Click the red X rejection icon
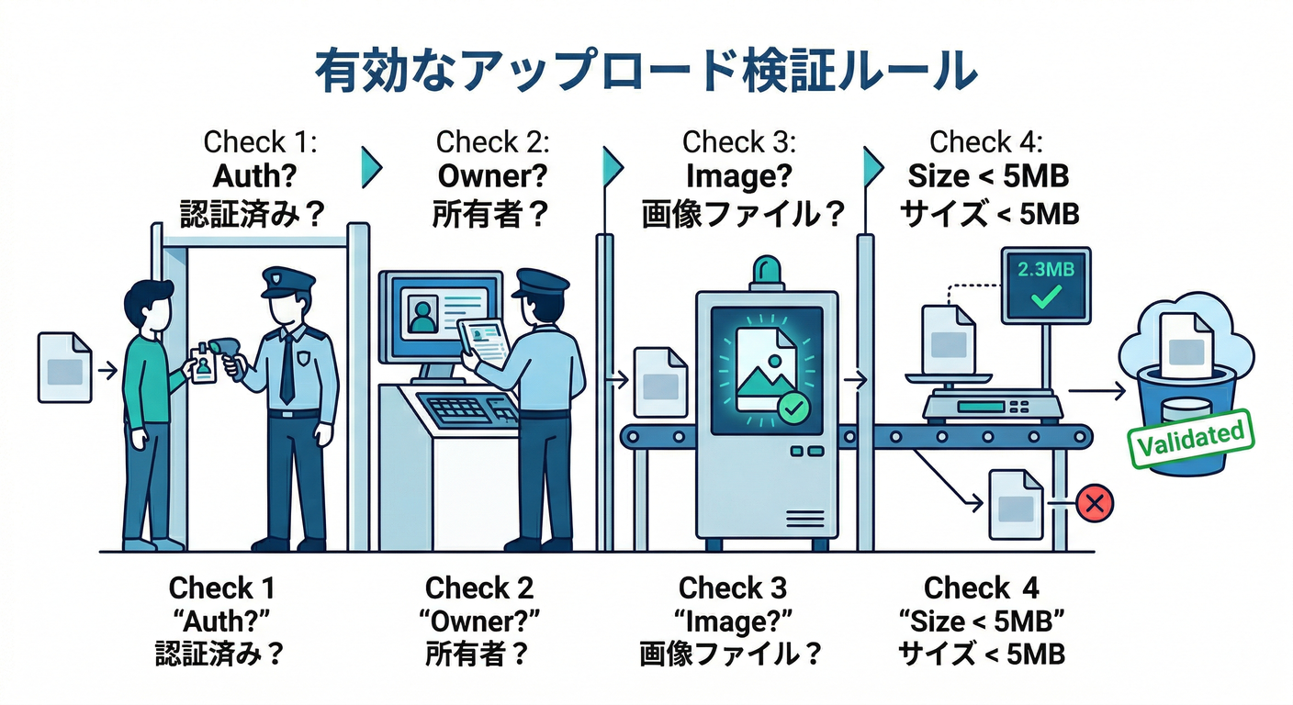click(1094, 504)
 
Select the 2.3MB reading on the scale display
click(1046, 272)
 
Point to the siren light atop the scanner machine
click(767, 273)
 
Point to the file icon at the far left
click(64, 368)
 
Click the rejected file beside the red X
click(1015, 504)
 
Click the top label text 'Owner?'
click(491, 174)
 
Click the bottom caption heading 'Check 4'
click(982, 587)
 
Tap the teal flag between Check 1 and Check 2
click(370, 165)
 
